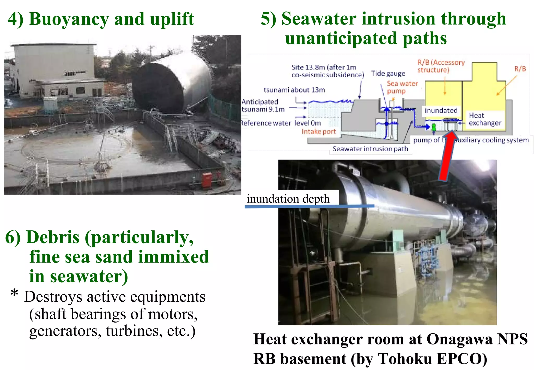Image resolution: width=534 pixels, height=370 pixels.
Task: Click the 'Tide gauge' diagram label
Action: (x=388, y=73)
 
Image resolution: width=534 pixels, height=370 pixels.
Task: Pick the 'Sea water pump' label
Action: (x=402, y=87)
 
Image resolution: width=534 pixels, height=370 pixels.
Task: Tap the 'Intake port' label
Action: (x=318, y=132)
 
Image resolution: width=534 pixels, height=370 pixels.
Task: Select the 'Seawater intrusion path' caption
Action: (x=370, y=149)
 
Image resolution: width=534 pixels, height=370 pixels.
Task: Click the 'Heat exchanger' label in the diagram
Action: (x=485, y=119)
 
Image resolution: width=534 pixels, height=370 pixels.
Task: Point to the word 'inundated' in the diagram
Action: (x=441, y=111)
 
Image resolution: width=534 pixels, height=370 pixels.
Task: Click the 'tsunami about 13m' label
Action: (x=294, y=90)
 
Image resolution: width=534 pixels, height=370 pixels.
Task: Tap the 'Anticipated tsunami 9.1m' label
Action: (x=263, y=105)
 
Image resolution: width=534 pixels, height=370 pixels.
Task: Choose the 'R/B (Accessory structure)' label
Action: (x=441, y=66)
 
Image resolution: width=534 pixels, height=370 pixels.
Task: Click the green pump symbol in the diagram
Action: (x=434, y=127)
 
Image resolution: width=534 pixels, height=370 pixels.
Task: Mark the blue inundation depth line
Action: (x=309, y=206)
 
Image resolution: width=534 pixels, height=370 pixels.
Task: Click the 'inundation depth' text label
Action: (x=288, y=199)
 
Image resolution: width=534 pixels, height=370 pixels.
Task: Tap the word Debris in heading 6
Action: (x=53, y=237)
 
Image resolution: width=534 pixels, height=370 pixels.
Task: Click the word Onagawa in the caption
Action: (x=459, y=339)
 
